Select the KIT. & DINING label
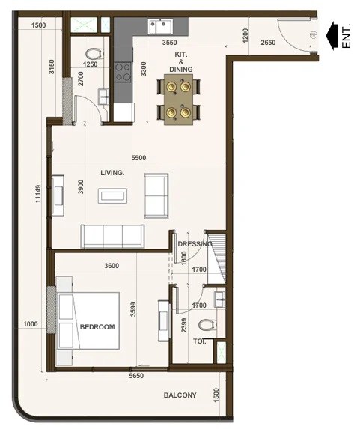(x=181, y=62)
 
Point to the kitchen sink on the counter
(x=161, y=25)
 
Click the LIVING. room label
(x=112, y=173)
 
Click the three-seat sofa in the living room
(x=112, y=235)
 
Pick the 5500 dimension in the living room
(x=138, y=159)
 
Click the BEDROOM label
(x=97, y=327)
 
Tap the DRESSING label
(x=195, y=244)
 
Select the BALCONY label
(x=180, y=395)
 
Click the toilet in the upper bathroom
(x=94, y=53)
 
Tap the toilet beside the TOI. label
(x=206, y=325)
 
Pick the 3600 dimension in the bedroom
(x=112, y=266)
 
